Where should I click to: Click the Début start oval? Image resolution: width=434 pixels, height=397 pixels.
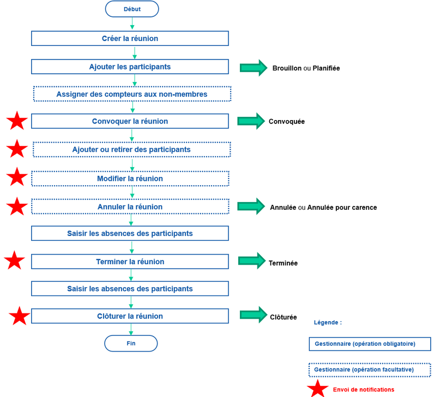coord(131,9)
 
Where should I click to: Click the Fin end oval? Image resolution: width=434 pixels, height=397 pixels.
coord(131,343)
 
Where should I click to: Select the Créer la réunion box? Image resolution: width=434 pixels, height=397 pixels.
coord(130,38)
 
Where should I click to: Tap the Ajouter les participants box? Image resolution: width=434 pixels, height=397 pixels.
coord(130,67)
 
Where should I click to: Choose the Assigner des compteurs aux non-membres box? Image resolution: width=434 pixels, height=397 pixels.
coord(132,94)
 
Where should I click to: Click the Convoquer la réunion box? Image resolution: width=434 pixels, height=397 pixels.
coord(130,121)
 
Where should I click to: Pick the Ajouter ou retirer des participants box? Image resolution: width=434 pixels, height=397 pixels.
coord(132,149)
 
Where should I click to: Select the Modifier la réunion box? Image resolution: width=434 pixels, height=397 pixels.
coord(130,179)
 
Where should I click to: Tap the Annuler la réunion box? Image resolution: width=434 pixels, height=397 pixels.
coord(130,207)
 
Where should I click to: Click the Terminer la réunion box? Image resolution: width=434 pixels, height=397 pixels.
coord(130,262)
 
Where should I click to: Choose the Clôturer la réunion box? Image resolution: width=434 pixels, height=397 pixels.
coord(130,316)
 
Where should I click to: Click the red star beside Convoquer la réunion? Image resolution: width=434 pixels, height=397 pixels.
coord(17,121)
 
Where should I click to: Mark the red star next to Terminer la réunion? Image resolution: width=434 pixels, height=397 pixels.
coord(15,261)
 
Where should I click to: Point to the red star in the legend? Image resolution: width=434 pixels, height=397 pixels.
coord(317,389)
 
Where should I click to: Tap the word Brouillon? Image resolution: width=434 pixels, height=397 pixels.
coord(287,68)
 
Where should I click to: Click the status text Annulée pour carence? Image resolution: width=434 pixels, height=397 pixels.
coord(342,208)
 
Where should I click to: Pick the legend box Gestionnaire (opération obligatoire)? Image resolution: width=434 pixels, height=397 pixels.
coord(370,344)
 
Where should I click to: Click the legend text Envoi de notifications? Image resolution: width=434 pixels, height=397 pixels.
coord(363,389)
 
